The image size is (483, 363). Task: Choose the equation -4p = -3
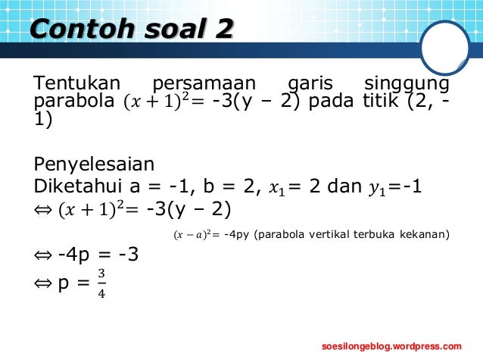98,255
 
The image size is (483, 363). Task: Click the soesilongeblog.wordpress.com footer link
391,346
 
